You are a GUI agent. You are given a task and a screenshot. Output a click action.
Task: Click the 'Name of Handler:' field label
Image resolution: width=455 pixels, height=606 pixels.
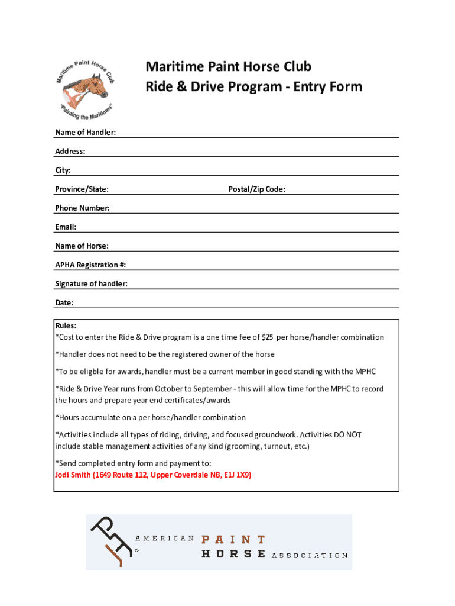tap(85, 132)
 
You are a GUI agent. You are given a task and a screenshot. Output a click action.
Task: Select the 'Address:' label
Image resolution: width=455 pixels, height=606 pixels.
tap(70, 151)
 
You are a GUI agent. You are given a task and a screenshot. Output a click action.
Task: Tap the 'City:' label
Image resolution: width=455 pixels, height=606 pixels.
tap(63, 170)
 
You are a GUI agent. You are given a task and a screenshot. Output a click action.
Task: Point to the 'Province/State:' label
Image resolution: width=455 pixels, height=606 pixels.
tap(82, 189)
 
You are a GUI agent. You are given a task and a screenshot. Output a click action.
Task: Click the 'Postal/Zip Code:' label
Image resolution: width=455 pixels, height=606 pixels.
tap(257, 189)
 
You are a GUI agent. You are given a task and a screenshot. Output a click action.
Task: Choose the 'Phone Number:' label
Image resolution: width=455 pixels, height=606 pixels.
tap(82, 208)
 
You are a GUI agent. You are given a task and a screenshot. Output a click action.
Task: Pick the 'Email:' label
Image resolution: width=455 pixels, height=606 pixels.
tap(66, 227)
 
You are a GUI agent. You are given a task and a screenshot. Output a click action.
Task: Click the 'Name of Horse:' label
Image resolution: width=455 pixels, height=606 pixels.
tap(82, 246)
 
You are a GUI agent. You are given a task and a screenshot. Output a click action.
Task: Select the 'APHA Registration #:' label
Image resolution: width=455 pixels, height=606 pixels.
tap(90, 265)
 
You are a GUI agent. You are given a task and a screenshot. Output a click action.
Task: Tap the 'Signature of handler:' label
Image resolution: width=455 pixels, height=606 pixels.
tap(91, 283)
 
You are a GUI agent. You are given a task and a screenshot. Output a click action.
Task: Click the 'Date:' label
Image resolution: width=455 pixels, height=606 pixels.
tap(64, 302)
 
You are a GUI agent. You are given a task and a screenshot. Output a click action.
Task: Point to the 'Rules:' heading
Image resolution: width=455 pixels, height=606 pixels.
tap(66, 325)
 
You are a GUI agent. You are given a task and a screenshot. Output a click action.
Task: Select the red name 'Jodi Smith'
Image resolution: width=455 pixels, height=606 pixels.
tap(72, 475)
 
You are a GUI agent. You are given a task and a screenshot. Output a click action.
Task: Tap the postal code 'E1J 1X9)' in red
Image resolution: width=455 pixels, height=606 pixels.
tap(236, 475)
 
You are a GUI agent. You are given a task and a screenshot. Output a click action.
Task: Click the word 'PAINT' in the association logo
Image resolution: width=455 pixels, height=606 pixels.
tap(233, 539)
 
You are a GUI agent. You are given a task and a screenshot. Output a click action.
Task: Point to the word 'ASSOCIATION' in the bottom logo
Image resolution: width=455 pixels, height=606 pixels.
tap(309, 555)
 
